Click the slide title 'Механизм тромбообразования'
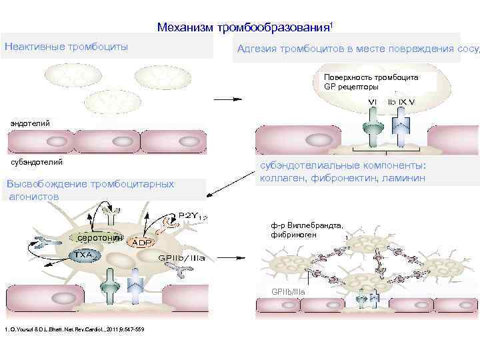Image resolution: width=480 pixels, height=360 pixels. coord(244,27)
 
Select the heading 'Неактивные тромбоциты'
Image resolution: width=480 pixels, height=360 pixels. coord(67,47)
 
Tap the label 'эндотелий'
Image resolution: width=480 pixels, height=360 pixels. coord(30,122)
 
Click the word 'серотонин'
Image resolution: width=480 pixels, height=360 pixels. coord(99,238)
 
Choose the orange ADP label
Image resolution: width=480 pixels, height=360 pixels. coord(142,243)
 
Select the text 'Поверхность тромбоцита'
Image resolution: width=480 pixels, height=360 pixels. coord(371,77)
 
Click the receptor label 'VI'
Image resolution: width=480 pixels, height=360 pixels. coord(373,101)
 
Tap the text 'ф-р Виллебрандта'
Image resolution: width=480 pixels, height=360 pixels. coord(307,225)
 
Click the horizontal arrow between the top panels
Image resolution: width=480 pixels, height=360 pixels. coord(227,99)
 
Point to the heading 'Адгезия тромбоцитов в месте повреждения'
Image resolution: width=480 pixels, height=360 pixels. coord(347,49)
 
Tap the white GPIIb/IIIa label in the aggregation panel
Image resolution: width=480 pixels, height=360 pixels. coord(287,292)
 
